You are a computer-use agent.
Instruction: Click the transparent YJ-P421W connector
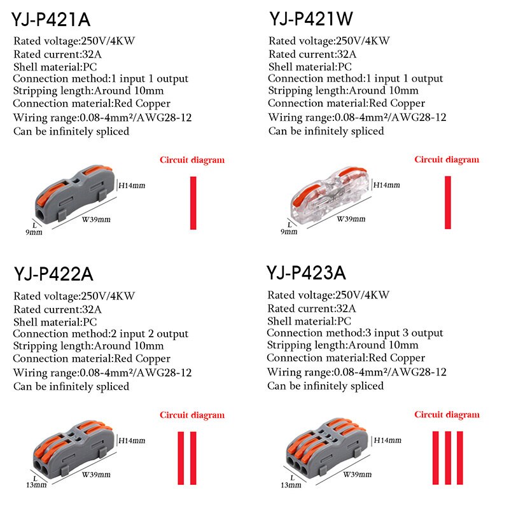coord(324,193)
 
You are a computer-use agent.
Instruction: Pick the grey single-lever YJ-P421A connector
coord(71,193)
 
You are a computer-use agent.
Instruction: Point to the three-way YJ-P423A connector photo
coord(324,446)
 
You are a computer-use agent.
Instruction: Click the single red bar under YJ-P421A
coord(193,202)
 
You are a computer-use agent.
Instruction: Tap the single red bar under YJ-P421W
coord(448,202)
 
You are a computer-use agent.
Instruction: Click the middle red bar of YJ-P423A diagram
coord(447,451)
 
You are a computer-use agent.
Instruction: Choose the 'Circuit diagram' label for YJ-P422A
coord(192,415)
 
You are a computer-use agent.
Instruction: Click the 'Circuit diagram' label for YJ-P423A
coord(447,414)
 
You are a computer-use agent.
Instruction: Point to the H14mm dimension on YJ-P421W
coord(387,185)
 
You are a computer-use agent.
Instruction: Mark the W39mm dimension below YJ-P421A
coord(97,220)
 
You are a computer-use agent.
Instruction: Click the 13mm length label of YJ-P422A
coord(36,485)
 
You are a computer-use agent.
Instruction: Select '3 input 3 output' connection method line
coord(354,333)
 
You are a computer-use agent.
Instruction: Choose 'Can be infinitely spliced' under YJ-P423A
coord(325,386)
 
